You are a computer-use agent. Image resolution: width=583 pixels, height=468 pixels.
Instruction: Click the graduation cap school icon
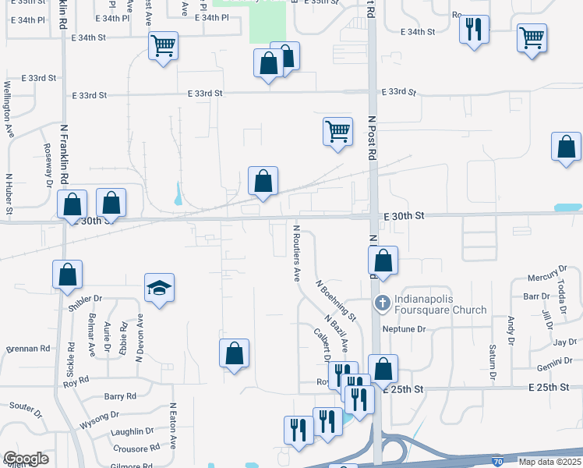point(159,289)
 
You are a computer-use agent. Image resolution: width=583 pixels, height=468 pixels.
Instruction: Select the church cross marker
point(382,303)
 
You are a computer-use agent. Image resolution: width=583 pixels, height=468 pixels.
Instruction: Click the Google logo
point(26,459)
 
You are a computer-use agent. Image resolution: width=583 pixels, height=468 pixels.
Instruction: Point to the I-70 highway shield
point(497,462)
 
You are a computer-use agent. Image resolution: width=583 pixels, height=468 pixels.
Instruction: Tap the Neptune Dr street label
point(404,329)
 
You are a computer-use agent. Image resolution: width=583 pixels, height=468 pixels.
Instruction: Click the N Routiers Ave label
point(296,253)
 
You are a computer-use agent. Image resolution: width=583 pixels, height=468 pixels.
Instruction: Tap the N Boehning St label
point(335,300)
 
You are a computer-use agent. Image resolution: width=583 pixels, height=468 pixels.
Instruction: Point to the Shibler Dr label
point(85,298)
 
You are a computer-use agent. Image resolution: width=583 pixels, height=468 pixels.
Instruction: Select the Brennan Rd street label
point(28,349)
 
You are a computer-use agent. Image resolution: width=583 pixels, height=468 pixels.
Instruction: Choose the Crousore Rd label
point(130,448)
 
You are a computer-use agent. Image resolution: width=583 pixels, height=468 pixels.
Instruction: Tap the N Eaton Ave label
point(173,426)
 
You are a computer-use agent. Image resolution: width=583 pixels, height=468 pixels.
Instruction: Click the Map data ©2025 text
point(549,462)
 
